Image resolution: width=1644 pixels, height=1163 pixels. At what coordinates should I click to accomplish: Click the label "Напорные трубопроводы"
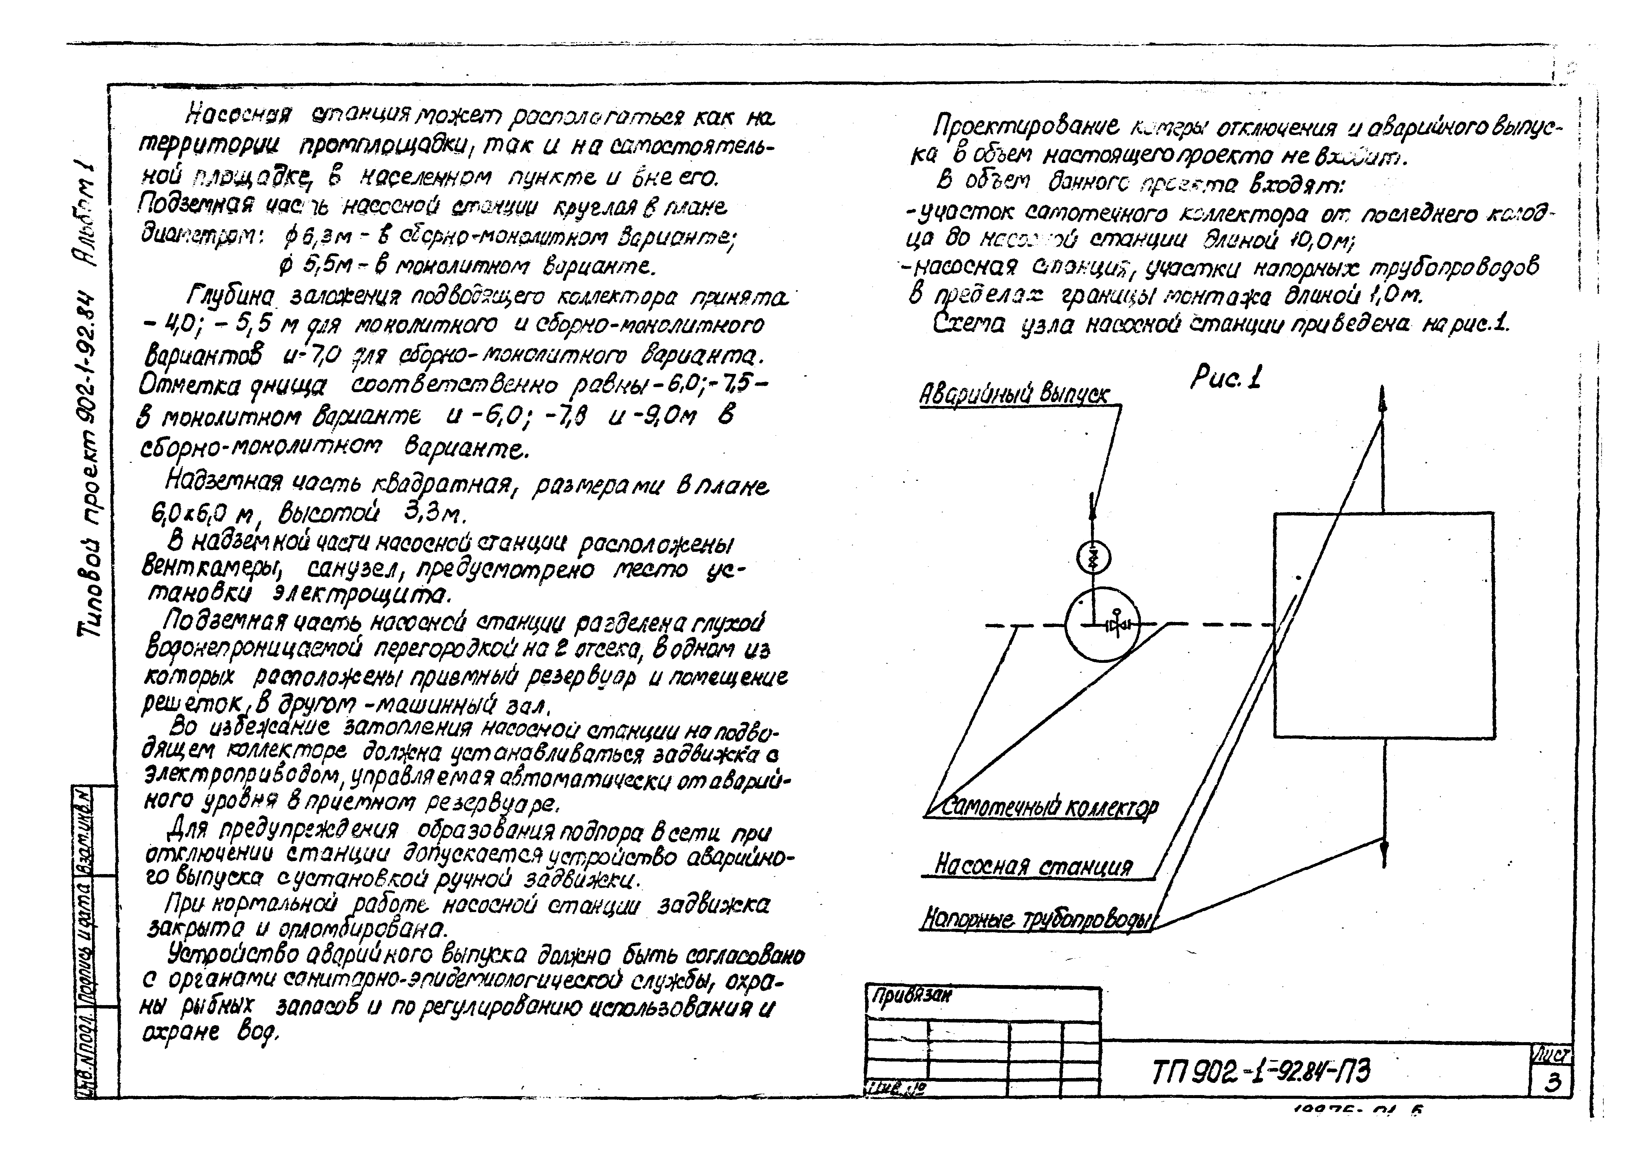pos(1037,919)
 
